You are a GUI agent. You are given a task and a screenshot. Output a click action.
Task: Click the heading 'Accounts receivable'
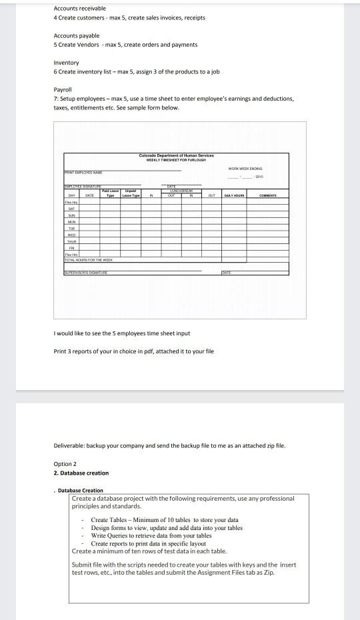[79, 8]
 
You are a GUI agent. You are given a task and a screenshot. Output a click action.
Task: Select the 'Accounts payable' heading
[76, 35]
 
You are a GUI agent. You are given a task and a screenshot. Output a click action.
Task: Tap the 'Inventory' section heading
[66, 63]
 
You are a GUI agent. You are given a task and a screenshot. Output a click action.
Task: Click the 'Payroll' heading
[62, 89]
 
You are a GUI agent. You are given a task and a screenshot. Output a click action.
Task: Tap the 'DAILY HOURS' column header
[232, 195]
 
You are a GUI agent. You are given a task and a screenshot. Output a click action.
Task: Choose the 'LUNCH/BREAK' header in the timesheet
[180, 191]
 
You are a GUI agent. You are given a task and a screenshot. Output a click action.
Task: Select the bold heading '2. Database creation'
[81, 473]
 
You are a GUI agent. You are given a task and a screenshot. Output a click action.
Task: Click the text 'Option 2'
[65, 464]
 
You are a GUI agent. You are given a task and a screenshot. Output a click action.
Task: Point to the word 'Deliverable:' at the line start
[68, 445]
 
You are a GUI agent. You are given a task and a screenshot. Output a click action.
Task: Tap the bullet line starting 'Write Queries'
[151, 535]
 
